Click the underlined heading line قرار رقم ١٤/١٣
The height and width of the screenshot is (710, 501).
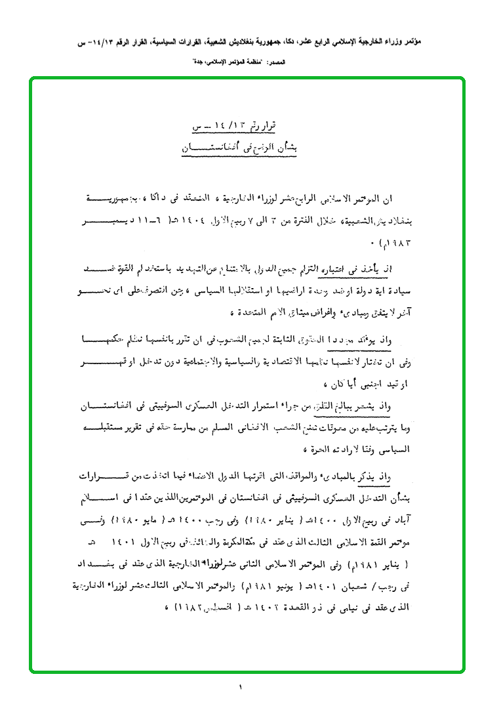click(241, 126)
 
